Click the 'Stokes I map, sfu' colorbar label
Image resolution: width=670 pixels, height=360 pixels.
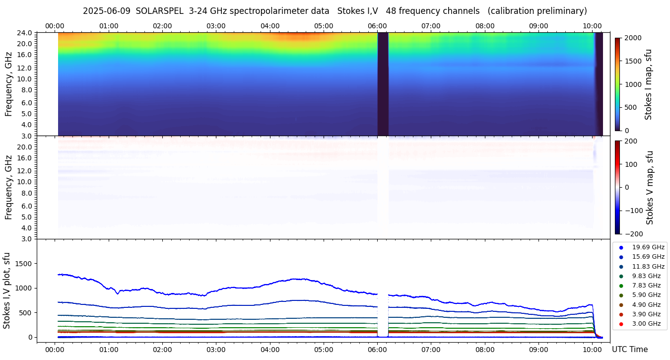pos(649,84)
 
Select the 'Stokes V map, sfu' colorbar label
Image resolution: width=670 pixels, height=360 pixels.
pos(650,187)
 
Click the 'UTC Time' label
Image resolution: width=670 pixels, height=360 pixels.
pos(629,350)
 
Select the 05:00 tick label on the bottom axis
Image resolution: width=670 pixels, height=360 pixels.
pos(324,350)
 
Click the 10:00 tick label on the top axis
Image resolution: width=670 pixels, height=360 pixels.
pos(592,25)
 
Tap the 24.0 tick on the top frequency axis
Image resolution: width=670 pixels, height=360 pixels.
pos(25,33)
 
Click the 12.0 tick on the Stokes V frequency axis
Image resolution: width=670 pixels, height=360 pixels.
pos(25,171)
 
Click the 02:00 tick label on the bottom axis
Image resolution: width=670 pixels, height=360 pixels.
pos(162,350)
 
